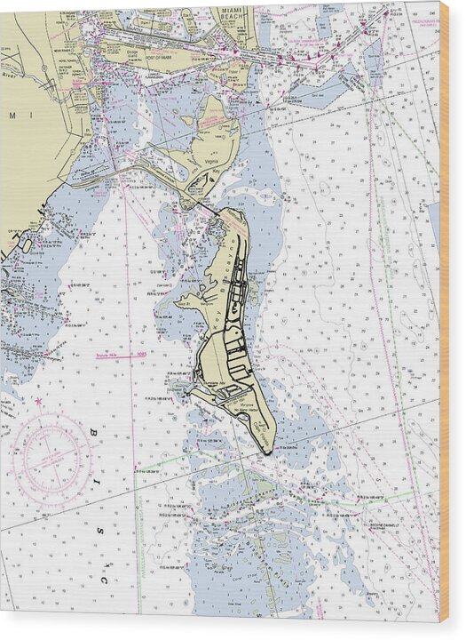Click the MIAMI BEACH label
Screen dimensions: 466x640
click(234, 13)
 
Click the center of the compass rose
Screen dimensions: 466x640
click(53, 459)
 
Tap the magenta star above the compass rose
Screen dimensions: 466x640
click(38, 402)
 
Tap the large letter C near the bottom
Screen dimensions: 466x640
click(103, 580)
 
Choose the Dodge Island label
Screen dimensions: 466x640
click(136, 50)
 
